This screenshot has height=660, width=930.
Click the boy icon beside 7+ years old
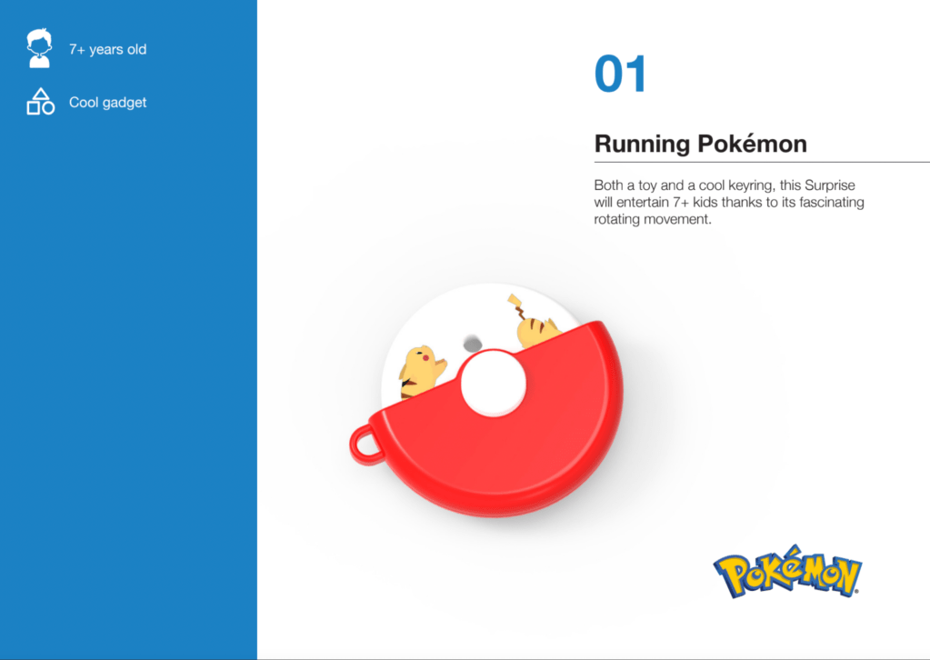[39, 48]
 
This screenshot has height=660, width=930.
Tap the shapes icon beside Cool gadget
[40, 102]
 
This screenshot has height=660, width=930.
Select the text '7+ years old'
[107, 49]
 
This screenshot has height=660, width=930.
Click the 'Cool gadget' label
[107, 102]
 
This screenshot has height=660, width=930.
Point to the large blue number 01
[620, 75]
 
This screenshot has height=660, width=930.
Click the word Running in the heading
[643, 144]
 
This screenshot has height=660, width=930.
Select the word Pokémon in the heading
[752, 143]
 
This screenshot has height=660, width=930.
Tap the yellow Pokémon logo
[787, 572]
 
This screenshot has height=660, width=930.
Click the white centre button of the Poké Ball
[494, 383]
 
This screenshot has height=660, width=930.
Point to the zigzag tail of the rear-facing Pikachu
[517, 305]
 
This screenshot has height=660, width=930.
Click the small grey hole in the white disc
[473, 344]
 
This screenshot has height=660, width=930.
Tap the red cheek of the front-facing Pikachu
[425, 357]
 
